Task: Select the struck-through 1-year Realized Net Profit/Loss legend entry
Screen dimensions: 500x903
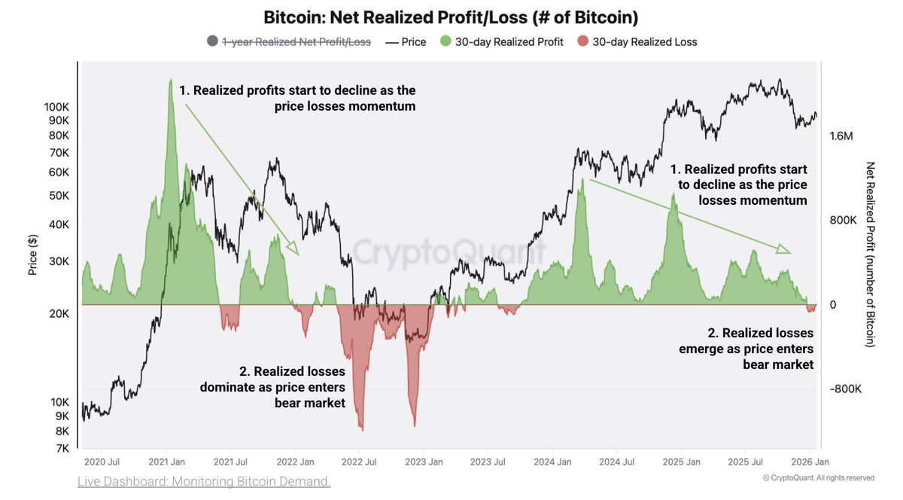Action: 296,42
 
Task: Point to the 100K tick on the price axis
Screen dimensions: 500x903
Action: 56,107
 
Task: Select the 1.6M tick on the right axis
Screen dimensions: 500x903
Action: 841,136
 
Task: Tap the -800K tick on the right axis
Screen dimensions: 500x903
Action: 844,389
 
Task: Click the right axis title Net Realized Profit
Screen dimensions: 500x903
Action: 871,255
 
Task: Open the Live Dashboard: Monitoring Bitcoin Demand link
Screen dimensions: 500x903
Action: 204,481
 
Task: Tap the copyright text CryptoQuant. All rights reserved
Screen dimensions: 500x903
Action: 818,477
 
